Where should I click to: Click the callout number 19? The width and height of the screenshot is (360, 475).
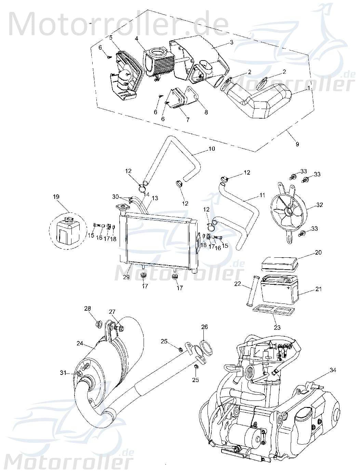click(56, 196)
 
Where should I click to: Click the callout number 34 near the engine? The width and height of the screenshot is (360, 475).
click(332, 370)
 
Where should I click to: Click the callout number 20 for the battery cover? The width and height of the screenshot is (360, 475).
click(318, 253)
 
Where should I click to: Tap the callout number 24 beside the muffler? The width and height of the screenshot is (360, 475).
click(80, 343)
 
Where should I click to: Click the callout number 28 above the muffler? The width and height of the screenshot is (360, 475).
click(88, 309)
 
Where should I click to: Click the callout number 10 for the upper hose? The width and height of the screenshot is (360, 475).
click(211, 149)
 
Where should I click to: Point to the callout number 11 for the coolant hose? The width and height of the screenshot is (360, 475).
click(262, 195)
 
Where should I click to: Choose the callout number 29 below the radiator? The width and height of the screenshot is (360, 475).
click(126, 277)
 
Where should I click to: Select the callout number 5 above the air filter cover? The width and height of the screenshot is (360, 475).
click(111, 38)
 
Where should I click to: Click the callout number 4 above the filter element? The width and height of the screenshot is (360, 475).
click(136, 39)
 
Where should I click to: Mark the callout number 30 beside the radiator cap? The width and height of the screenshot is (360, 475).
click(116, 196)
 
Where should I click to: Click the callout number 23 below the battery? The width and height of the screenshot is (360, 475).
click(277, 327)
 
